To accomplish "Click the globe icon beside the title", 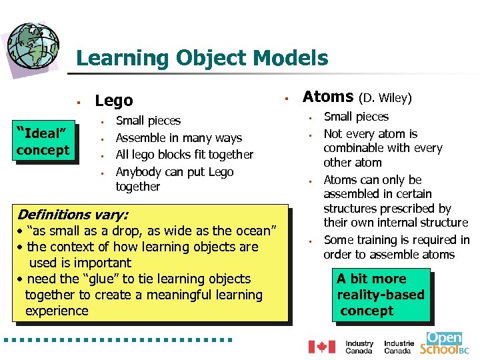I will (x=33, y=43).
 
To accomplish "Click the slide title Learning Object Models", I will (x=202, y=58).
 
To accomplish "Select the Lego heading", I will (x=114, y=101).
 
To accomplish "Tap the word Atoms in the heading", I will (x=328, y=97).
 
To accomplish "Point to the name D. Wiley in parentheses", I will (x=385, y=99).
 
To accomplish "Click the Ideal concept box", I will (x=43, y=141).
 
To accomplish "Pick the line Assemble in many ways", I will (x=179, y=138).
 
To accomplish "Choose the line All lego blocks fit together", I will (x=185, y=155).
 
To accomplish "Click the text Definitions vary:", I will (x=73, y=215).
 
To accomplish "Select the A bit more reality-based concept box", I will (x=381, y=295).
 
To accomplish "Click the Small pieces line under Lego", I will (x=148, y=121).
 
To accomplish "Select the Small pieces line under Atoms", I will (x=356, y=117).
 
